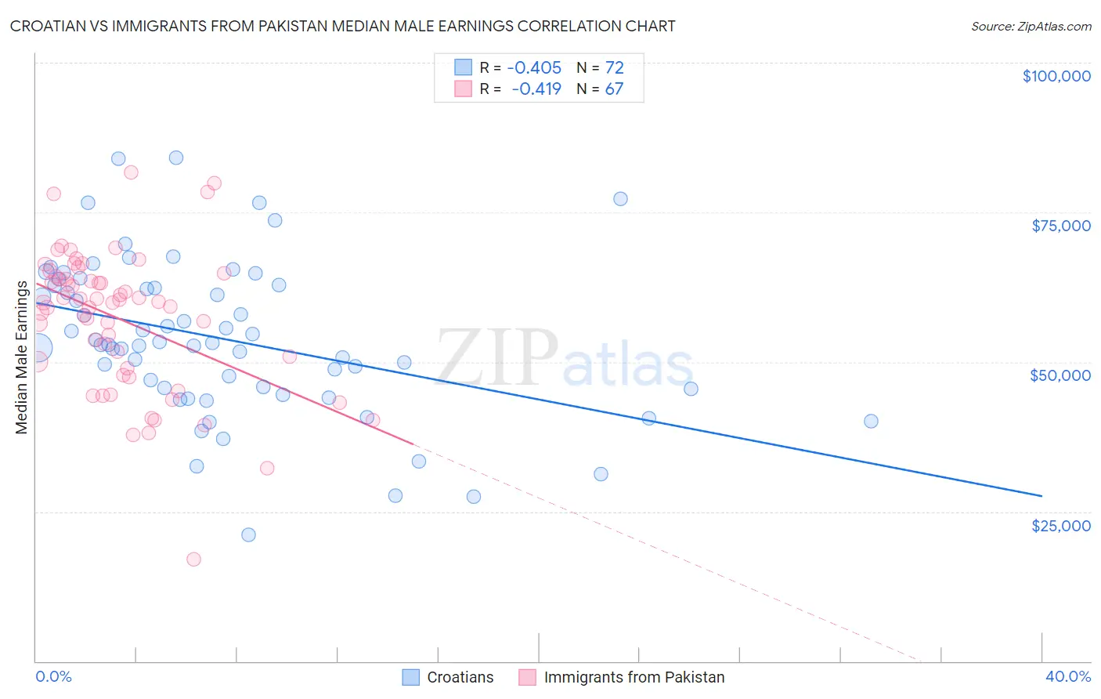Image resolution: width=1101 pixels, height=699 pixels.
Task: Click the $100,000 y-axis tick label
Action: (1056, 76)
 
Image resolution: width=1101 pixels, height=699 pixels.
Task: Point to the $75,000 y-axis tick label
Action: (1060, 226)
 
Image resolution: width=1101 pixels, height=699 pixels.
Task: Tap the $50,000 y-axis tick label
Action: (1059, 375)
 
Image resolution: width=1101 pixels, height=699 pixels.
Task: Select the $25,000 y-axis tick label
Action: (1060, 525)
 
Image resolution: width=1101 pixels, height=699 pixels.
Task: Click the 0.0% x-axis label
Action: (53, 676)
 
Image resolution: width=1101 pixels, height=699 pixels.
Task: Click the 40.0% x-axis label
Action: (1067, 676)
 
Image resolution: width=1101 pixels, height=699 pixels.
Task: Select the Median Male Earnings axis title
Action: (22, 357)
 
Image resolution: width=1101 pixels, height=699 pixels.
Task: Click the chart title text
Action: (342, 26)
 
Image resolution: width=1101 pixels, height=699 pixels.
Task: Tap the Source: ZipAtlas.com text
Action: (1031, 26)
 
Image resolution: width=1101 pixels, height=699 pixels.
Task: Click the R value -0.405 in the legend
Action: (534, 67)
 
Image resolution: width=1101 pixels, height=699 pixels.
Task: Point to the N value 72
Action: (614, 67)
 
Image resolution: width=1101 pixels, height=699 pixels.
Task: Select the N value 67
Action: (614, 89)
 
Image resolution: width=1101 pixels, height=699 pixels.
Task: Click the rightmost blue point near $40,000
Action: (871, 421)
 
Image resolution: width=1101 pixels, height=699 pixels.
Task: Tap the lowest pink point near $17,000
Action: (193, 559)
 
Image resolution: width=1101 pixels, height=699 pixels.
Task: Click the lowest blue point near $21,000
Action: (248, 534)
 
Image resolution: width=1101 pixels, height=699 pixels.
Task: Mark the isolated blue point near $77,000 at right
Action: (620, 199)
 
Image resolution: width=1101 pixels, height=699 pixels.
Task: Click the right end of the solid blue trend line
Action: (1041, 496)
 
